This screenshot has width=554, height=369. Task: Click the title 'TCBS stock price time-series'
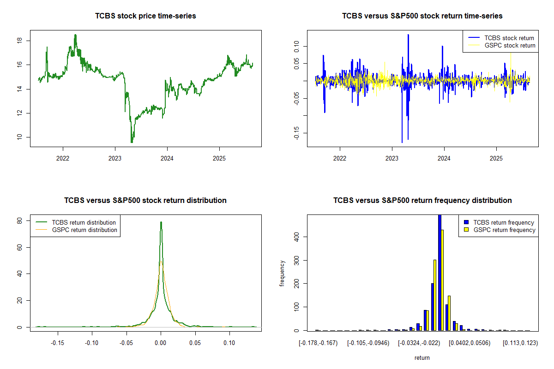145,16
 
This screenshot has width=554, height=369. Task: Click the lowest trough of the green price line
132,142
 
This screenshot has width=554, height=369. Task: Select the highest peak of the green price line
75,35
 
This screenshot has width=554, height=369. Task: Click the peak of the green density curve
161,222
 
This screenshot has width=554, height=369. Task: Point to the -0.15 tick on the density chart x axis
58,343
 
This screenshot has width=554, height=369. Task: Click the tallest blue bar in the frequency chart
440,272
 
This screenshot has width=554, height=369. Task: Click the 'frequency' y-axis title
282,273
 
